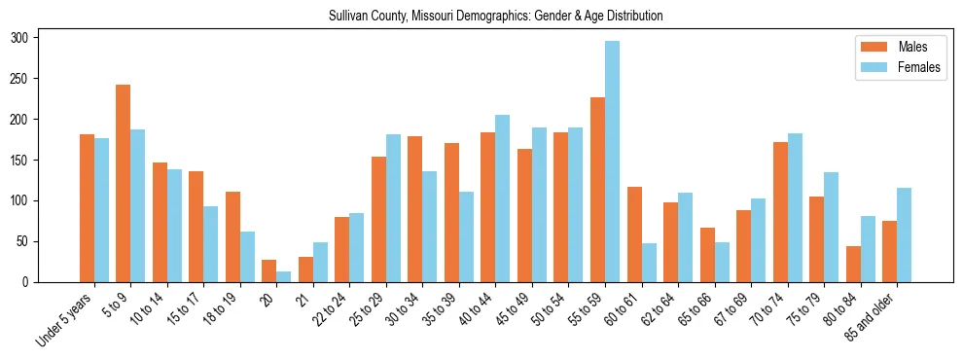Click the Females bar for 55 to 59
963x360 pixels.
click(x=612, y=162)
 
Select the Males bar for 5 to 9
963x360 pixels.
click(x=124, y=183)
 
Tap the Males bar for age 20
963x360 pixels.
click(x=269, y=270)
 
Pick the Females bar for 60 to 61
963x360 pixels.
click(x=649, y=263)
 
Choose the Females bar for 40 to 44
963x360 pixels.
click(x=503, y=198)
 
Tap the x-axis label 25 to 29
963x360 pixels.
click(x=369, y=308)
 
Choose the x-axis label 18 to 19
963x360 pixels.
click(x=223, y=308)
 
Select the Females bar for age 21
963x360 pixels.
click(x=320, y=262)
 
